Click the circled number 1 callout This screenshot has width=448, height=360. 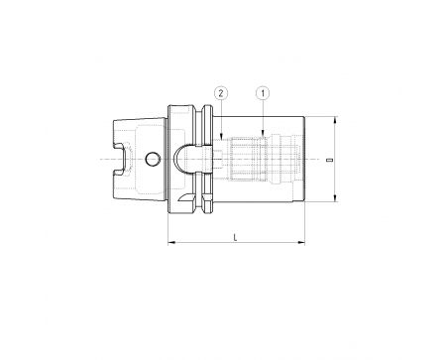pyautogui.click(x=263, y=93)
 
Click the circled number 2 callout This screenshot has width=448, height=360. pyautogui.click(x=221, y=93)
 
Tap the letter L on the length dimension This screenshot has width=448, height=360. pyautogui.click(x=236, y=237)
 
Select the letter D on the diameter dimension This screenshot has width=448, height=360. pyautogui.click(x=329, y=160)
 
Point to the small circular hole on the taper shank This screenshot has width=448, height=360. pyautogui.click(x=153, y=159)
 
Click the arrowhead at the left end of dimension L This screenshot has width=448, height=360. pyautogui.click(x=171, y=243)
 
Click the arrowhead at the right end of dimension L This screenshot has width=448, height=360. pyautogui.click(x=301, y=243)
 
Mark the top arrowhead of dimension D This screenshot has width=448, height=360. pyautogui.click(x=335, y=120)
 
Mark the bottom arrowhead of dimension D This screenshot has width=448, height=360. pyautogui.click(x=335, y=197)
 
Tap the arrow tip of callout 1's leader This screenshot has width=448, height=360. pyautogui.click(x=263, y=136)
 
